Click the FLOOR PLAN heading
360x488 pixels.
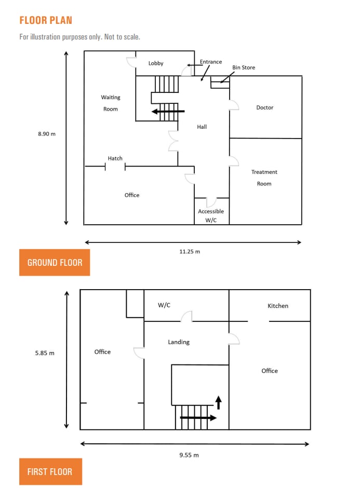pos(46,20)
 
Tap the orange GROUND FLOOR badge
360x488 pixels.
pos(55,262)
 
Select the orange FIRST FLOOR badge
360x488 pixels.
pos(50,472)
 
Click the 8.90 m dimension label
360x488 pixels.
pos(46,133)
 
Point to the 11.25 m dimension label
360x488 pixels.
pos(190,251)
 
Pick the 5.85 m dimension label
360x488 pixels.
pos(45,353)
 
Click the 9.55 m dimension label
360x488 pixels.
pos(189,455)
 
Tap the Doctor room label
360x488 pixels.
pos(264,107)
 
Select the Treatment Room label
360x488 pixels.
pos(264,178)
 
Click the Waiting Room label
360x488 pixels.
pos(110,103)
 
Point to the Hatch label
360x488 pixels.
pos(115,158)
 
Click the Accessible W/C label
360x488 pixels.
pos(211,215)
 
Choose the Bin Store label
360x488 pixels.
pos(243,67)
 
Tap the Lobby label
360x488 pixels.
pos(156,63)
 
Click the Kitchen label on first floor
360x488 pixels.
pos(277,306)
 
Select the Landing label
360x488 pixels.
pos(179,342)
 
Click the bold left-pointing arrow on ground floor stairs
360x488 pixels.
pos(167,111)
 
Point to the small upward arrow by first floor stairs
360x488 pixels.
pos(218,401)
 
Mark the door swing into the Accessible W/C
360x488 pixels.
pos(211,202)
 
